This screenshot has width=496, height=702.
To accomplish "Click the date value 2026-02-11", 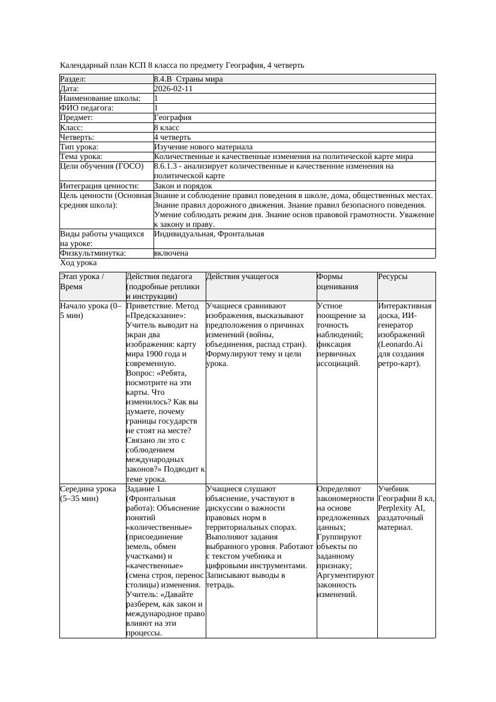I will point(173,88).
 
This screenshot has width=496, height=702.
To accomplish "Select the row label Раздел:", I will point(73,79).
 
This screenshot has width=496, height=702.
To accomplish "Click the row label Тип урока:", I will point(79,147).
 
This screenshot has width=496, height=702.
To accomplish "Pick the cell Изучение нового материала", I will point(203,147).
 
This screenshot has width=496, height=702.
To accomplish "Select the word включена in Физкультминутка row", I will point(171,253).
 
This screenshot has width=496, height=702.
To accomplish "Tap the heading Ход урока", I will point(79,263).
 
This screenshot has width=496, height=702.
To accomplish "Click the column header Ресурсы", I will point(392,277).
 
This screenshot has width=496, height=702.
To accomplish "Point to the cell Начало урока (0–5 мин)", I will point(91,310).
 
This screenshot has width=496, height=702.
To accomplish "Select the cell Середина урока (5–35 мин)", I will point(88,493).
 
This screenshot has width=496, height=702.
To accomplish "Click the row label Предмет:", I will point(76,118).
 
